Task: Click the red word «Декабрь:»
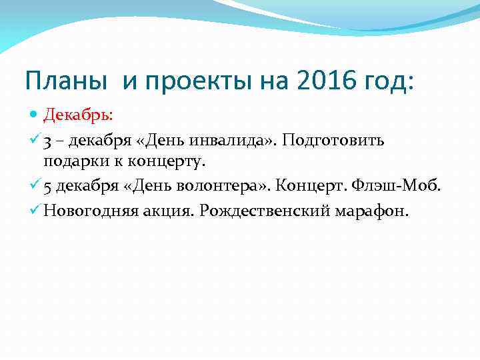click(x=78, y=114)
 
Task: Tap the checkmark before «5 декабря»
click(x=35, y=185)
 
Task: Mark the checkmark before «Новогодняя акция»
click(x=35, y=211)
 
